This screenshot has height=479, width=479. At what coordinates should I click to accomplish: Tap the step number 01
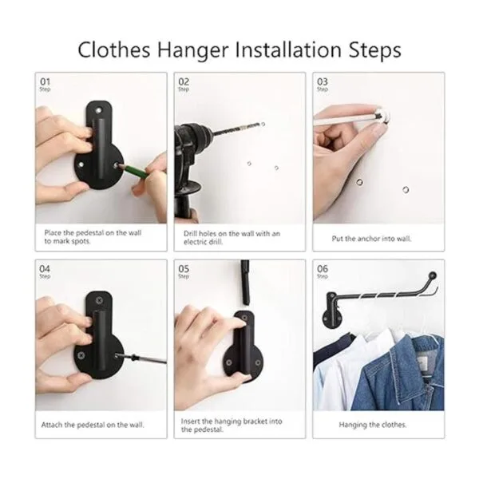(x=45, y=81)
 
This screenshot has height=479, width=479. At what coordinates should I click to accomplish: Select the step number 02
(x=184, y=81)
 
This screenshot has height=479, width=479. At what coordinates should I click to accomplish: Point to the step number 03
(x=323, y=81)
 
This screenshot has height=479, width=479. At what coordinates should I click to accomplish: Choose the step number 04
(x=45, y=269)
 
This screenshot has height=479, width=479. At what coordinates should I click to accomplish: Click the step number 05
(x=184, y=269)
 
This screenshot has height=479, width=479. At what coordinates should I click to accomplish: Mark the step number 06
(x=323, y=269)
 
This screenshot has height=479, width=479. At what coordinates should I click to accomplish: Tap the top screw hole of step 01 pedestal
(x=99, y=109)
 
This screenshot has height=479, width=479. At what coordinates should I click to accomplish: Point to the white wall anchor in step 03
(x=383, y=115)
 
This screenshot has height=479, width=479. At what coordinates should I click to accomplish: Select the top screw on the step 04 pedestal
(x=99, y=301)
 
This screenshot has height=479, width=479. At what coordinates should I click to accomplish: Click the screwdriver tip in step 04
(x=117, y=355)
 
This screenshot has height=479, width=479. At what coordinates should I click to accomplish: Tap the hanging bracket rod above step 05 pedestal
(x=245, y=282)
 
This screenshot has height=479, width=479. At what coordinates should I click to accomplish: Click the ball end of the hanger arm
(x=432, y=275)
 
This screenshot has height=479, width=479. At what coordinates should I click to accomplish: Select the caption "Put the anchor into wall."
(x=371, y=239)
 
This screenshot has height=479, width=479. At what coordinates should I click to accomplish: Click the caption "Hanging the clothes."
(x=372, y=425)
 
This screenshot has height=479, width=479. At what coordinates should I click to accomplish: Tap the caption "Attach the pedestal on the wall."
(x=93, y=425)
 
